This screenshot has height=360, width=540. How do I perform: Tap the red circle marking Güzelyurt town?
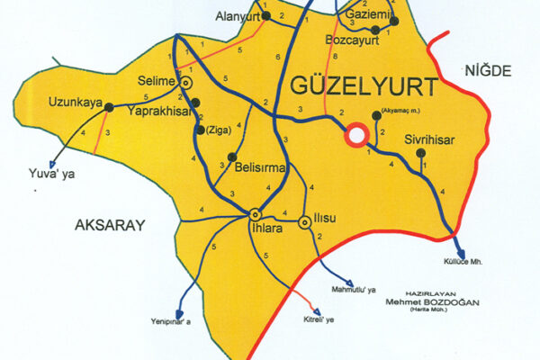tap(356, 135)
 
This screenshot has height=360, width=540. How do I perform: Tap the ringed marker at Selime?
tap(186, 82)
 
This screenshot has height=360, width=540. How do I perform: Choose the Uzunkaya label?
tap(74, 101)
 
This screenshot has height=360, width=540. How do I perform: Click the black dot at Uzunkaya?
tap(109, 106)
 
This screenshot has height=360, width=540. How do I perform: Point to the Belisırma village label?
tap(259, 167)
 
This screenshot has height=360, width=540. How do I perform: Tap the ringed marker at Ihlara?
tap(255, 214)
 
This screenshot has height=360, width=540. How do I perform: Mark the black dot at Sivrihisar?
tap(421, 154)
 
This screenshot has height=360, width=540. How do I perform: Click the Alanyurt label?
tap(238, 17)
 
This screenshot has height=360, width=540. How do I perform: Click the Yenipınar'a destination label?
tap(166, 319)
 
